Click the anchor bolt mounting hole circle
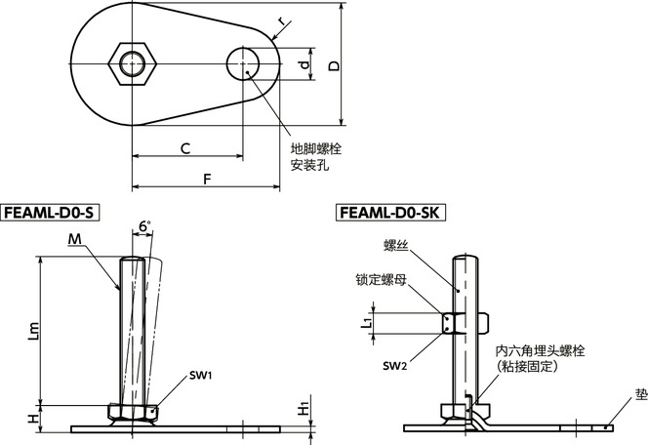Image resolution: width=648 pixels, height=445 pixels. click(x=243, y=65)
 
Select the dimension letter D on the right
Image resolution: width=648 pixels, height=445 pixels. click(x=333, y=65)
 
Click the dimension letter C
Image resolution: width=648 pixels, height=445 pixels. click(x=184, y=147)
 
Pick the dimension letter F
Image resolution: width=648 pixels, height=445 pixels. click(x=206, y=178)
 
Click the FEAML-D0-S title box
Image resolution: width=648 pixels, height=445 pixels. click(x=51, y=212)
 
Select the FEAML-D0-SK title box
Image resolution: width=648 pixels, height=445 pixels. click(x=387, y=212)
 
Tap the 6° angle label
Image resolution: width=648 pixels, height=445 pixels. click(x=144, y=226)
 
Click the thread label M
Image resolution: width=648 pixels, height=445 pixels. click(x=75, y=240)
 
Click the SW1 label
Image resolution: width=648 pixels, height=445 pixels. click(x=202, y=375)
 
